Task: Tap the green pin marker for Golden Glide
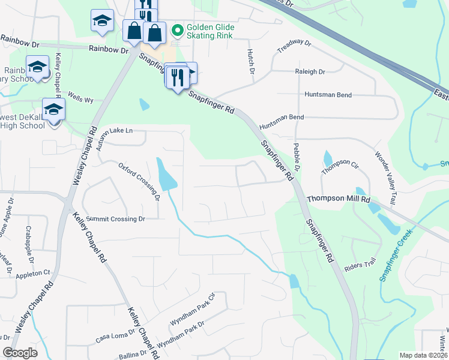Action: point(177,29)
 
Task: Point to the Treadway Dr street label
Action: point(295,47)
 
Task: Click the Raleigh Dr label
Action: point(310,71)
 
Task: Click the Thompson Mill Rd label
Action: point(339,199)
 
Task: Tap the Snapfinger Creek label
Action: point(391,258)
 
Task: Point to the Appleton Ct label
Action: point(34,272)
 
